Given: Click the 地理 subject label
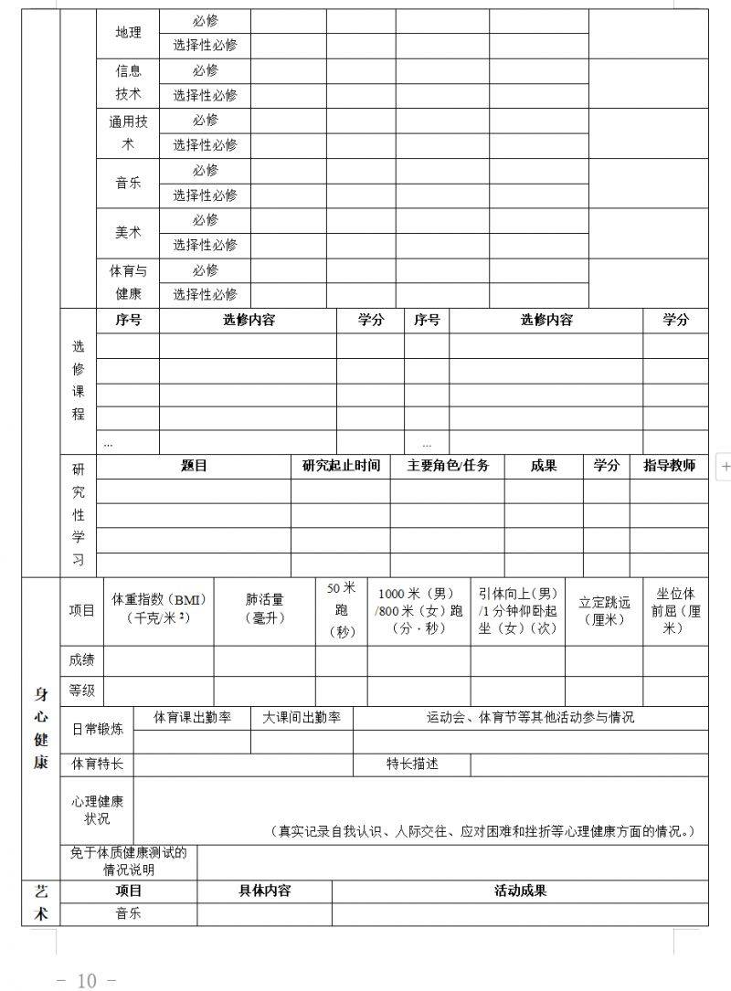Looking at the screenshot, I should tap(128, 33).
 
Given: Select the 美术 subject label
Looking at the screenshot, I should tap(128, 232).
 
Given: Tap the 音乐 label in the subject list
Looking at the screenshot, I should tap(128, 183).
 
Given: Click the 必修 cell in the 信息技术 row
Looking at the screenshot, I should tap(205, 70).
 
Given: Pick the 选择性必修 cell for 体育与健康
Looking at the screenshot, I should tap(205, 294).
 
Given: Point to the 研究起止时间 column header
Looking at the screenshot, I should tap(341, 466).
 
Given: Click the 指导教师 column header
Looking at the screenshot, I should tap(669, 466).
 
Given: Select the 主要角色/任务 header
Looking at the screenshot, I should tap(448, 466).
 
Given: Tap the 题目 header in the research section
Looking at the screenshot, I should tap(194, 466).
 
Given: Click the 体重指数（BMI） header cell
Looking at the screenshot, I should tap(159, 608).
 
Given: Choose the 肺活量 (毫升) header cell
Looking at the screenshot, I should tap(265, 608).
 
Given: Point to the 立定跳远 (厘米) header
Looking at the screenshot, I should tap(604, 610).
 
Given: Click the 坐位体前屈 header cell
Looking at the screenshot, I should tap(675, 610).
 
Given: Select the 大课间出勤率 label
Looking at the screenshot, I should tap(302, 718).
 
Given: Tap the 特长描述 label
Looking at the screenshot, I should tap(412, 764).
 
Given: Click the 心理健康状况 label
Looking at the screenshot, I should tap(97, 809).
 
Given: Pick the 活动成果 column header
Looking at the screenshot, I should tap(520, 891).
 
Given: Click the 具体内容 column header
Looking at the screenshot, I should tap(264, 891).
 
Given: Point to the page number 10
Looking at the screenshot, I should tap(87, 980).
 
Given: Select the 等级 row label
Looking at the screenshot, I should tap(81, 691).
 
